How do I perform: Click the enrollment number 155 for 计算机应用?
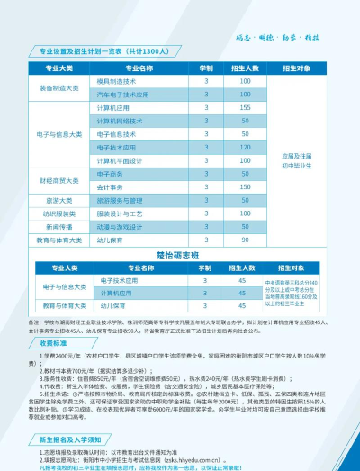245,107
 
